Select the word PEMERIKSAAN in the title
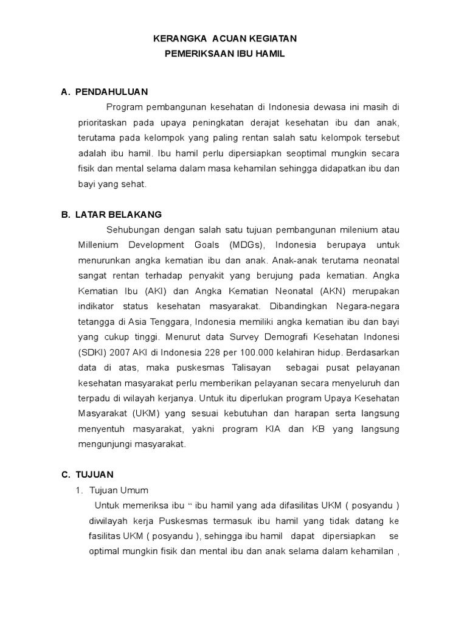coord(193,54)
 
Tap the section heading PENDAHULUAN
coord(111,92)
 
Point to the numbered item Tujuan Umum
coord(119,490)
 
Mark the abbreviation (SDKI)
coord(92,352)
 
